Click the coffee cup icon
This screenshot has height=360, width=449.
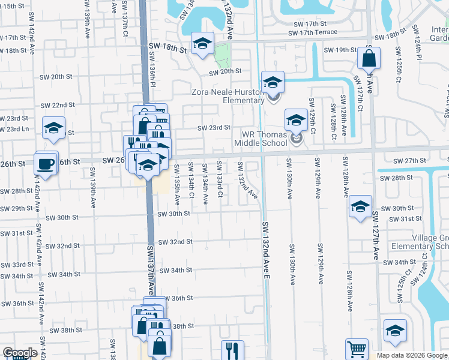[46, 163]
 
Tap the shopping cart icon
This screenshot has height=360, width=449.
[357, 348]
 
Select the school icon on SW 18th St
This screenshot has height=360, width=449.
[203, 44]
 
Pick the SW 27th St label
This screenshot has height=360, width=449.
[411, 161]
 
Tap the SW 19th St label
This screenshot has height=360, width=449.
[340, 50]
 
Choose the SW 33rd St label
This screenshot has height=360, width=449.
[17, 265]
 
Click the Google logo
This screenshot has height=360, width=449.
[19, 353]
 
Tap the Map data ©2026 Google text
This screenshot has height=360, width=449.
[412, 355]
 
